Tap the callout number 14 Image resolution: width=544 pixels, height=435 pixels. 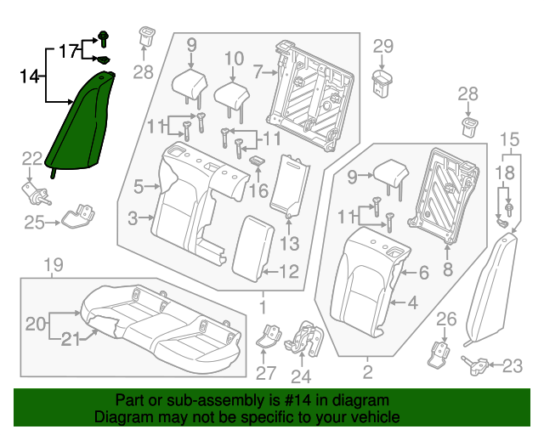coord(30,76)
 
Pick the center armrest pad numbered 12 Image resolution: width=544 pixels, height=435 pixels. coord(251,246)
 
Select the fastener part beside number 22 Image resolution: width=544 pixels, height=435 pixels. coord(35,194)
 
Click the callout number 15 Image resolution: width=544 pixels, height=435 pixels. coord(508,139)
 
